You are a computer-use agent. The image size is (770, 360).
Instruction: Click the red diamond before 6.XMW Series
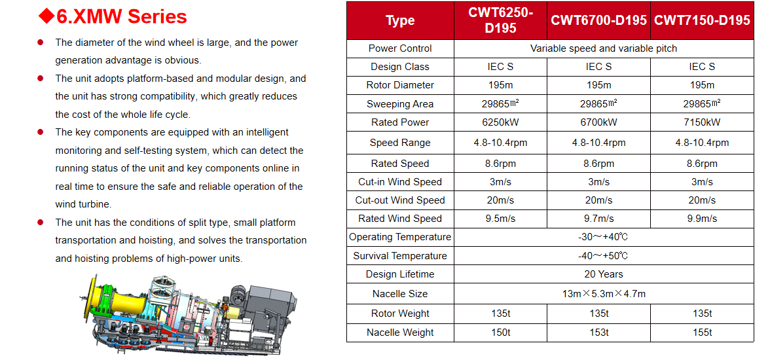[46, 16]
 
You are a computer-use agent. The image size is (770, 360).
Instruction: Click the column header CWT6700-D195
[598, 20]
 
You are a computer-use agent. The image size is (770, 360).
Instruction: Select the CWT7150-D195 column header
[702, 20]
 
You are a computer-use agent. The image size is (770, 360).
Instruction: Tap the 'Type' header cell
[400, 20]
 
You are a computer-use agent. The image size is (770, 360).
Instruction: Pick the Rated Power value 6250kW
[500, 122]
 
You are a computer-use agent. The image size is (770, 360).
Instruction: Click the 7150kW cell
[702, 122]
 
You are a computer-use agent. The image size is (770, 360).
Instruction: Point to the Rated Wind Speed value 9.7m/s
[598, 219]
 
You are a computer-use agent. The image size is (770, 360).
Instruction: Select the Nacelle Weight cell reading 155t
[702, 333]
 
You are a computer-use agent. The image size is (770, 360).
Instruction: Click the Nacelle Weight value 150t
[500, 333]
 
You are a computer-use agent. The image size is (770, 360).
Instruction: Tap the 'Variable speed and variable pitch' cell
[604, 48]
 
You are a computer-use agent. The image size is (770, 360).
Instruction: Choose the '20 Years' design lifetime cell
[604, 274]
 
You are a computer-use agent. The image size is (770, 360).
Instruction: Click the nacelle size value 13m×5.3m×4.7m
[604, 294]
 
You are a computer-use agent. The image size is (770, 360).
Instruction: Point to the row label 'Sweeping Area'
[400, 103]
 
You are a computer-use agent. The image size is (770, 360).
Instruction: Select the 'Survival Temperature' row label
[400, 256]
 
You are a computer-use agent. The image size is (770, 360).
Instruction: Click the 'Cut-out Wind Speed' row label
[400, 200]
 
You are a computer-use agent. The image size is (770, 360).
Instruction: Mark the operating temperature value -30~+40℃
[604, 237]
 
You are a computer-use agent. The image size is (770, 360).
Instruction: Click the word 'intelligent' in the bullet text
[265, 132]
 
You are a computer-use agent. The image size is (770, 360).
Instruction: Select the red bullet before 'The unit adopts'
[41, 79]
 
